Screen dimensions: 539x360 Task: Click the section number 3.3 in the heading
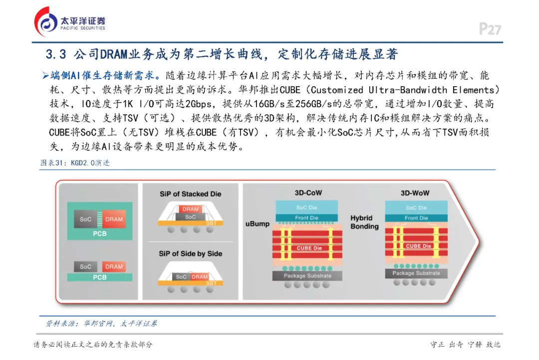coord(56,54)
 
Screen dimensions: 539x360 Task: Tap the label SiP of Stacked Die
coord(190,193)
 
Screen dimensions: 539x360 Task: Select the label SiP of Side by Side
coord(190,253)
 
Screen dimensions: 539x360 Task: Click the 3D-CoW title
coord(307,192)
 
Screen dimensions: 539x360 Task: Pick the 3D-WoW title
coord(415,193)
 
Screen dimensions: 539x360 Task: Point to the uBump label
coord(258,224)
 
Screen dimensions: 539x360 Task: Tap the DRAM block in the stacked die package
coord(190,209)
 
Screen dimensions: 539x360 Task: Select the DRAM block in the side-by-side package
coord(200,277)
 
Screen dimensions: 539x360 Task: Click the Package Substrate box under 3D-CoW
coord(307,276)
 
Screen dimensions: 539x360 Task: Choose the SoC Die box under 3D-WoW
coord(416,207)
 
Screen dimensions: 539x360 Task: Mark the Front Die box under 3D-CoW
coord(306,217)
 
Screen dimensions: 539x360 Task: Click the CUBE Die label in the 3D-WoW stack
coord(418,246)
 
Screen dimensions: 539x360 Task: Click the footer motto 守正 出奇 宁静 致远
coord(465,345)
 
